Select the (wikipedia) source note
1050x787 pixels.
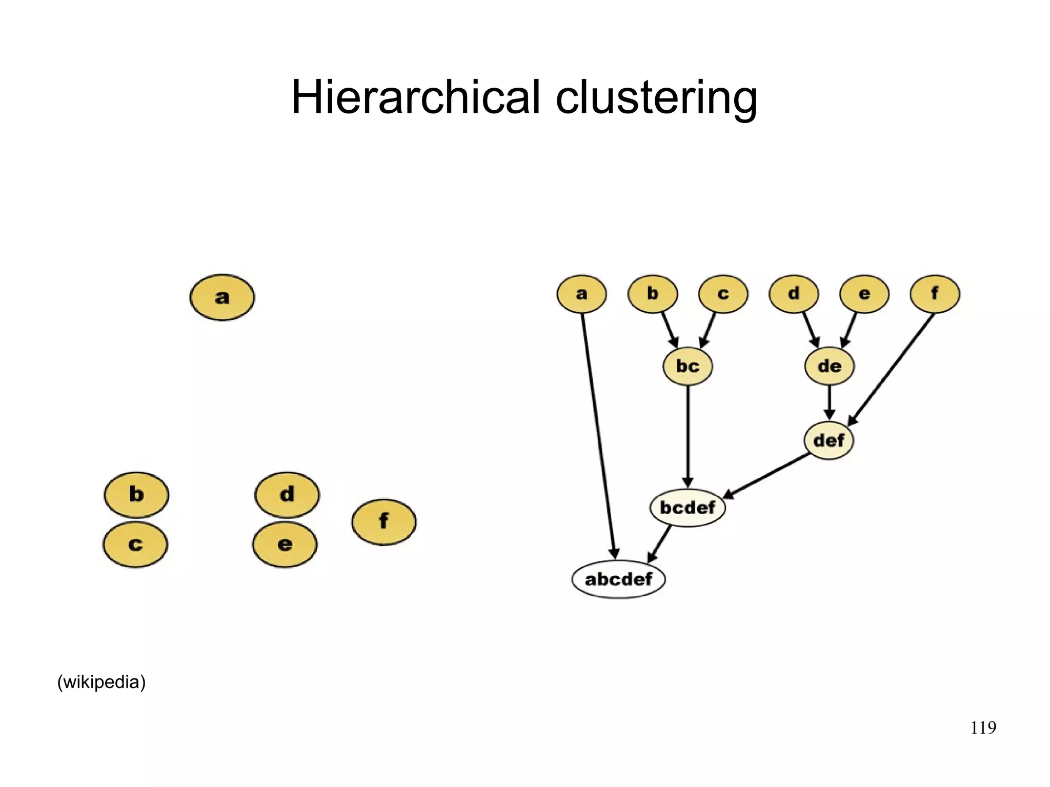tap(102, 682)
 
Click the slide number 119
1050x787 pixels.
tap(983, 728)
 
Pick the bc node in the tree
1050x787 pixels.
tap(688, 366)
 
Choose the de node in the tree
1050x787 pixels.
tap(829, 366)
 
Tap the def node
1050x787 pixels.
tap(829, 440)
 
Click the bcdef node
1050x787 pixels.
tap(688, 508)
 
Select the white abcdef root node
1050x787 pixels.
tap(618, 579)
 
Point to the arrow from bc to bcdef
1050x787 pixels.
tap(688, 436)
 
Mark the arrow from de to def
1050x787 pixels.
tap(829, 403)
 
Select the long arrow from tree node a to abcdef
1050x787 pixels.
tap(598, 436)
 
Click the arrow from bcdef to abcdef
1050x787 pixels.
tap(660, 543)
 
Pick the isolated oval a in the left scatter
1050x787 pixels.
tap(222, 297)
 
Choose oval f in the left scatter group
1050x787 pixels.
tap(383, 521)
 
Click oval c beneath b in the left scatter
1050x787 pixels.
tap(135, 544)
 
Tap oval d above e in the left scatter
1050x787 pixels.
tap(287, 494)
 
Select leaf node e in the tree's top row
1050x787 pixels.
tap(864, 294)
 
